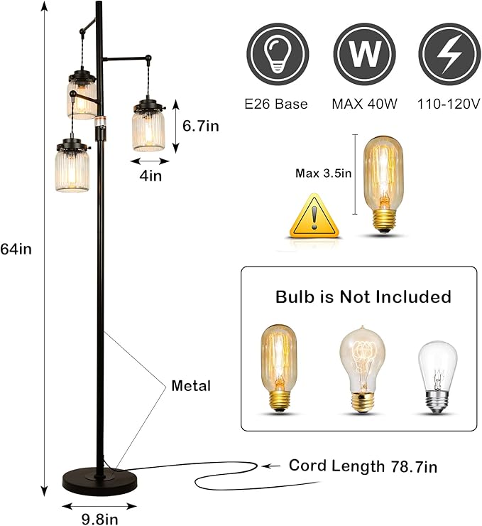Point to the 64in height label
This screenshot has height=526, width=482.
point(17,249)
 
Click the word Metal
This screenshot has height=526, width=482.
point(192,386)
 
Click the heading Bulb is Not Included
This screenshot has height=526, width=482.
point(363,296)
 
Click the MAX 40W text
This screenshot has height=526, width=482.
point(361,104)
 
